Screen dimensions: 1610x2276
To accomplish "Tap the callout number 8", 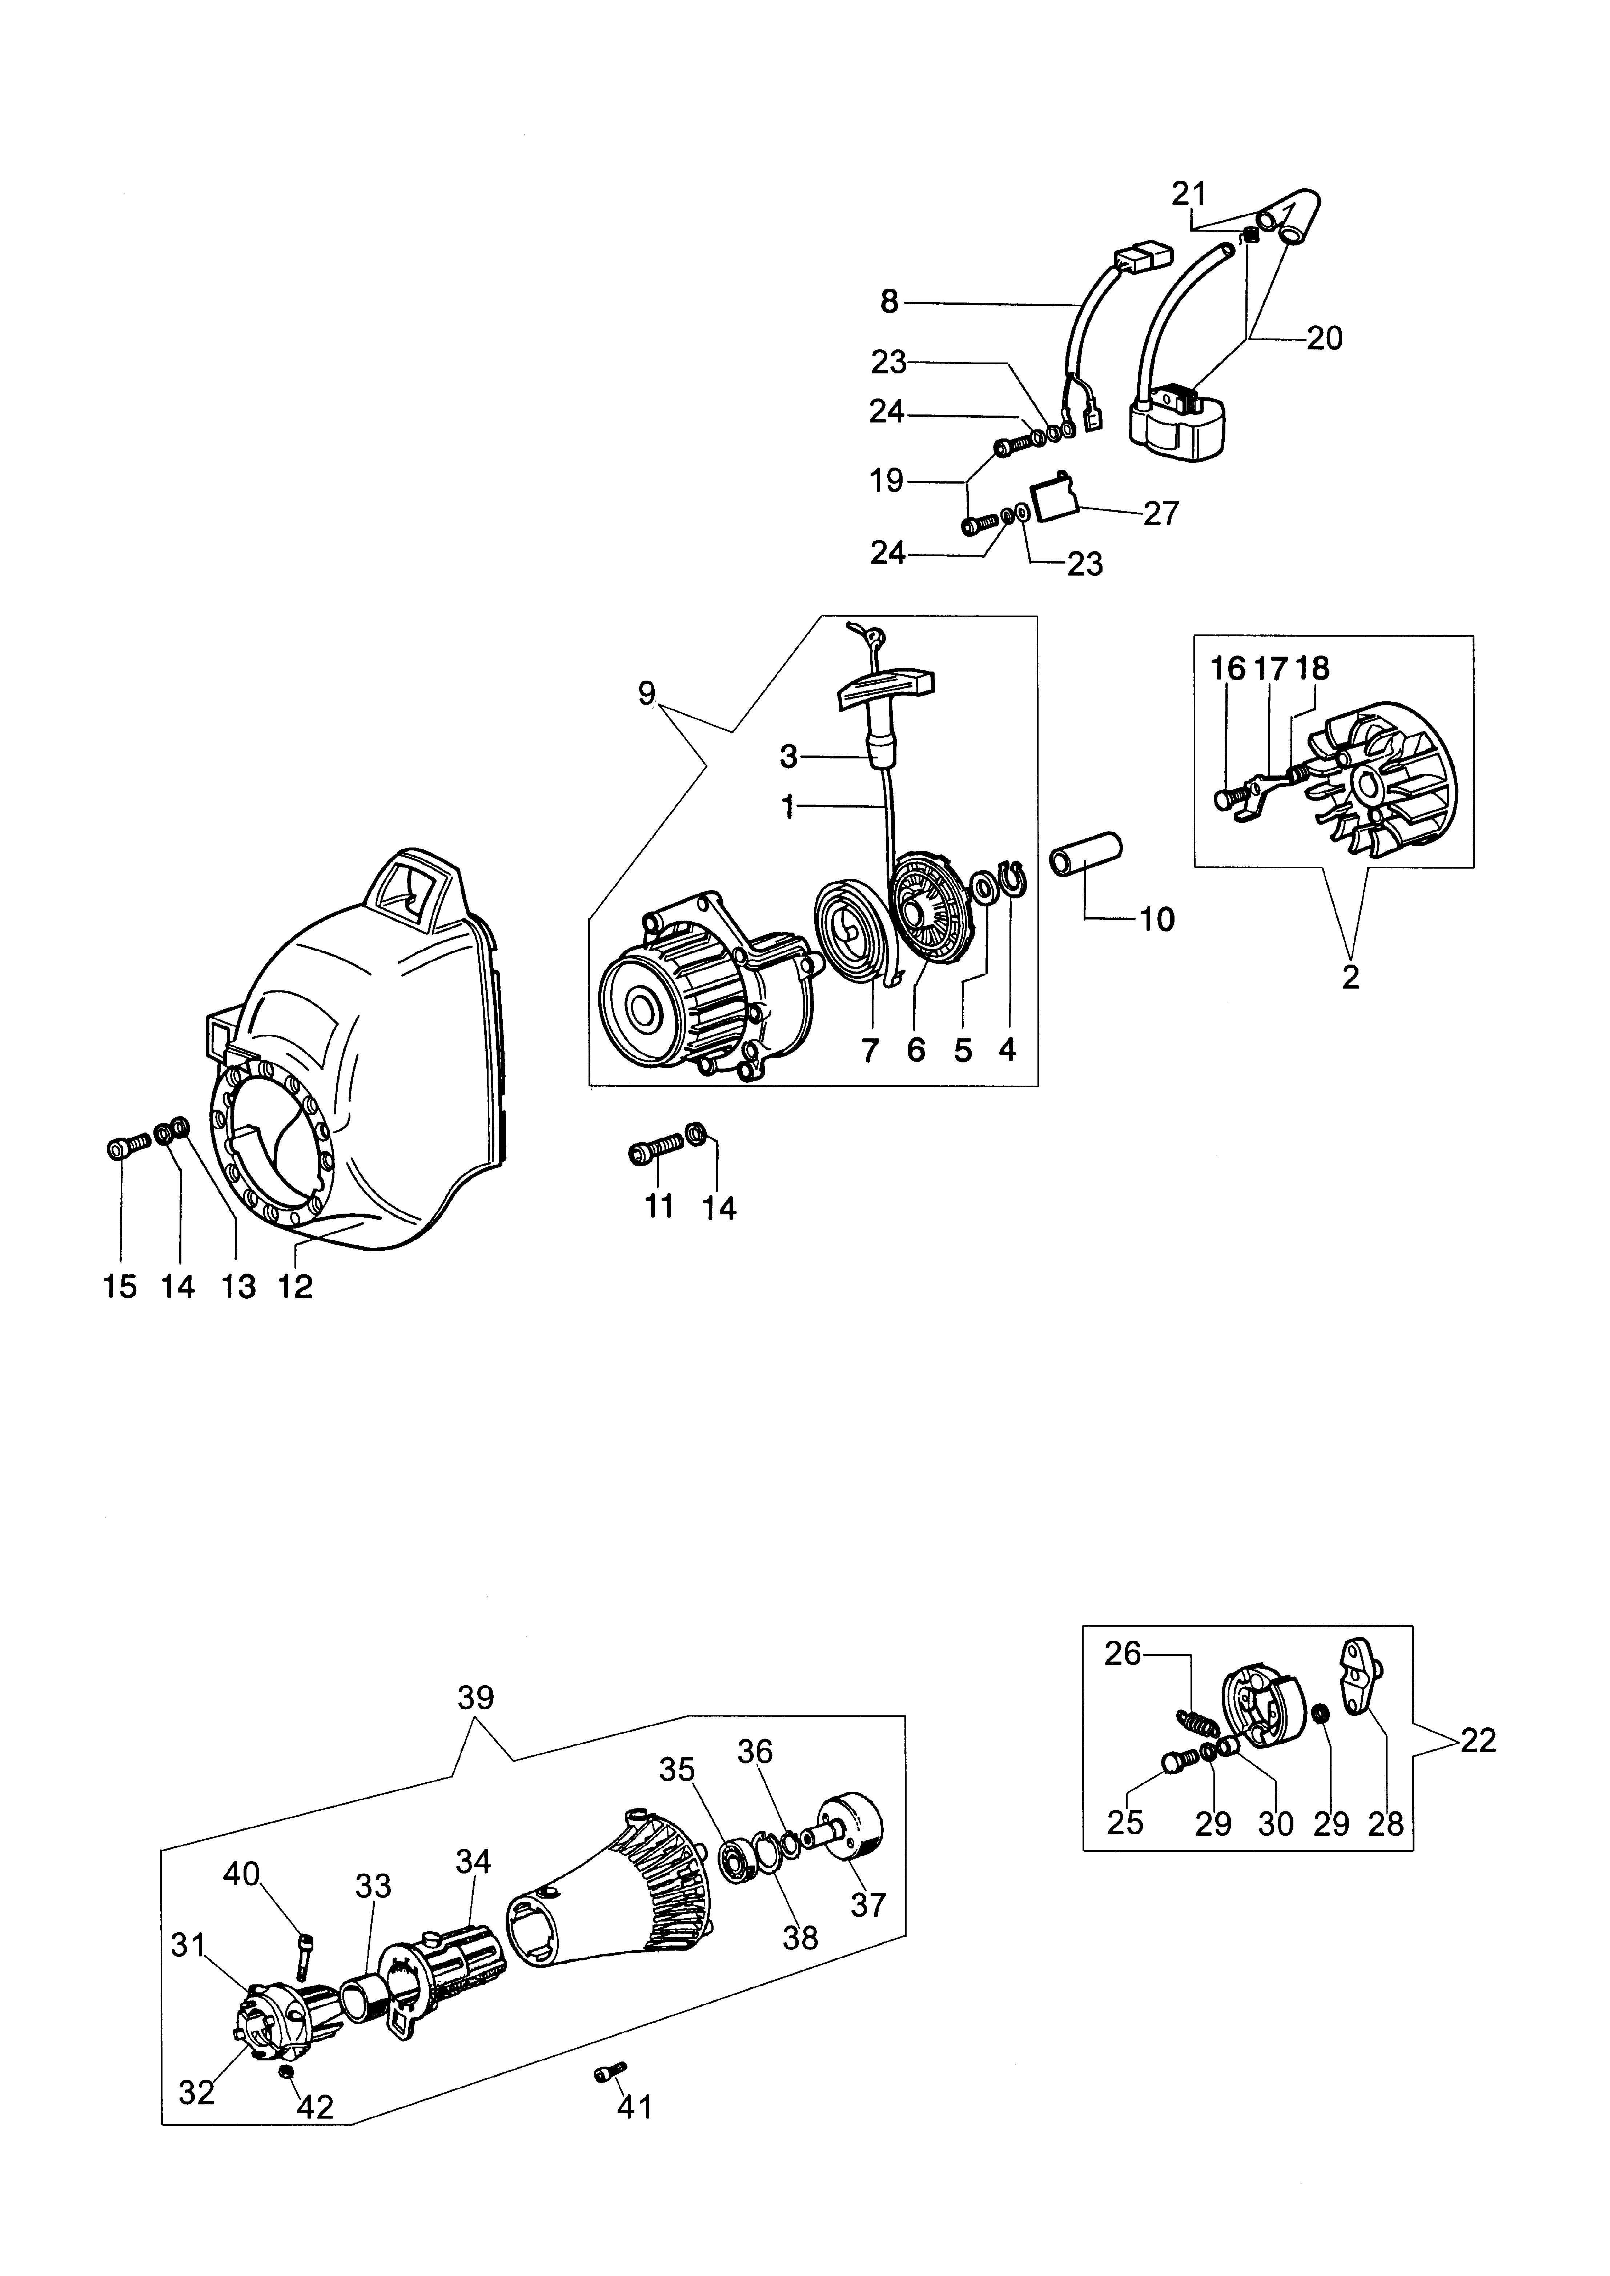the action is [889, 301].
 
